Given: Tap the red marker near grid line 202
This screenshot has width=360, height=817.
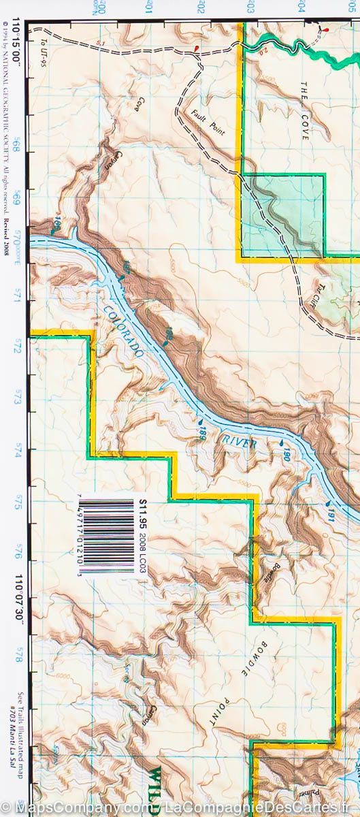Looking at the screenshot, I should (x=197, y=49).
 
